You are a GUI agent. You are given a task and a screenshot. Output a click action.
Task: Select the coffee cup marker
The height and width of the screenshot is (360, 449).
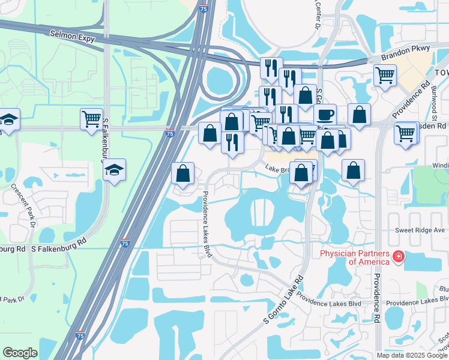pyautogui.click(x=325, y=115)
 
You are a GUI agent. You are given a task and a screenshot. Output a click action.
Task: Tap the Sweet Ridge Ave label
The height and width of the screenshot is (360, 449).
pyautogui.click(x=420, y=230)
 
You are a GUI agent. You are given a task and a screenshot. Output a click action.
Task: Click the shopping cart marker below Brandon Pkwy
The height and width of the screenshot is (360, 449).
pyautogui.click(x=385, y=76)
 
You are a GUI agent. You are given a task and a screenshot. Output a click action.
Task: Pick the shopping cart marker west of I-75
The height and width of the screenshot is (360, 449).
pyautogui.click(x=91, y=119)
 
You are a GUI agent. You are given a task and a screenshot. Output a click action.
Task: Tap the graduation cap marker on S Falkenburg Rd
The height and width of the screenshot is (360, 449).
pyautogui.click(x=113, y=170)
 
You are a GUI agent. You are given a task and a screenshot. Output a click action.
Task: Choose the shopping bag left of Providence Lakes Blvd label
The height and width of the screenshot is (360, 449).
pyautogui.click(x=183, y=174)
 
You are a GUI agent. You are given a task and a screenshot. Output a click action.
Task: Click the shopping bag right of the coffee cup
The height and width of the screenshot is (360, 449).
pyautogui.click(x=359, y=115)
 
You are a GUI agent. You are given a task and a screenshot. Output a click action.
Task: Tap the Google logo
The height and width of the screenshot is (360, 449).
pyautogui.click(x=20, y=353)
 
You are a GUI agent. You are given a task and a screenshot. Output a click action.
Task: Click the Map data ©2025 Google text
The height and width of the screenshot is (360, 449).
pyautogui.click(x=412, y=355)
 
